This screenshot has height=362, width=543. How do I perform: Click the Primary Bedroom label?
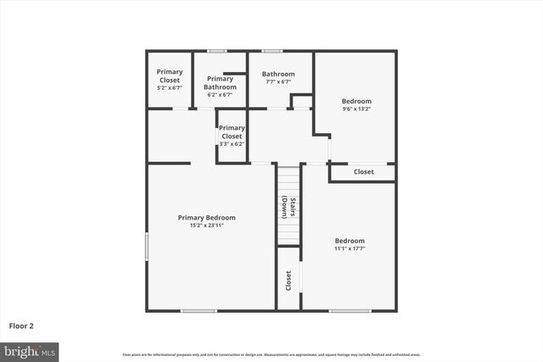(x=207, y=218)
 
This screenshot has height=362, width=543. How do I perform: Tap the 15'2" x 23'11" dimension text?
(x=207, y=226)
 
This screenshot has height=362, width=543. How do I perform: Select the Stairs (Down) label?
(x=290, y=208)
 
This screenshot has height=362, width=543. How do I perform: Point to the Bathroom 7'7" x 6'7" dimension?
(x=278, y=82)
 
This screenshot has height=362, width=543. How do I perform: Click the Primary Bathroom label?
(x=220, y=82)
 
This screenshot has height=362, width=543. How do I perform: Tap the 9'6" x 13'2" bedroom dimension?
(x=356, y=109)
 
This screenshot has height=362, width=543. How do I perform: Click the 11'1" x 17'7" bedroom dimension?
(x=350, y=248)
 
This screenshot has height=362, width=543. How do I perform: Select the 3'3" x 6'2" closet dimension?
(x=232, y=144)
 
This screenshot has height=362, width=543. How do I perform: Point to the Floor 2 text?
(x=21, y=326)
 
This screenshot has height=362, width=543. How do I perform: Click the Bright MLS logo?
(x=30, y=349)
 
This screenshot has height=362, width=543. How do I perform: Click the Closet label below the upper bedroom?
(x=363, y=172)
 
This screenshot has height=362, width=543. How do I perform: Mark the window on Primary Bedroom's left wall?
(x=148, y=247)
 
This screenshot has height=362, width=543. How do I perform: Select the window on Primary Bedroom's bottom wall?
(x=199, y=310)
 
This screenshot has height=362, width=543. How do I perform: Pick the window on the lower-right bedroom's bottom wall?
(x=350, y=310)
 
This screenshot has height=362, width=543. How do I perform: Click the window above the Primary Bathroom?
(x=217, y=52)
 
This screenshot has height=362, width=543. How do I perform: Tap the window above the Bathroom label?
(x=271, y=52)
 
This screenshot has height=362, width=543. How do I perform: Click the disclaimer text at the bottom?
(x=271, y=354)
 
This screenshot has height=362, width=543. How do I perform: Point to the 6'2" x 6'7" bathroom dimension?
(x=220, y=95)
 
